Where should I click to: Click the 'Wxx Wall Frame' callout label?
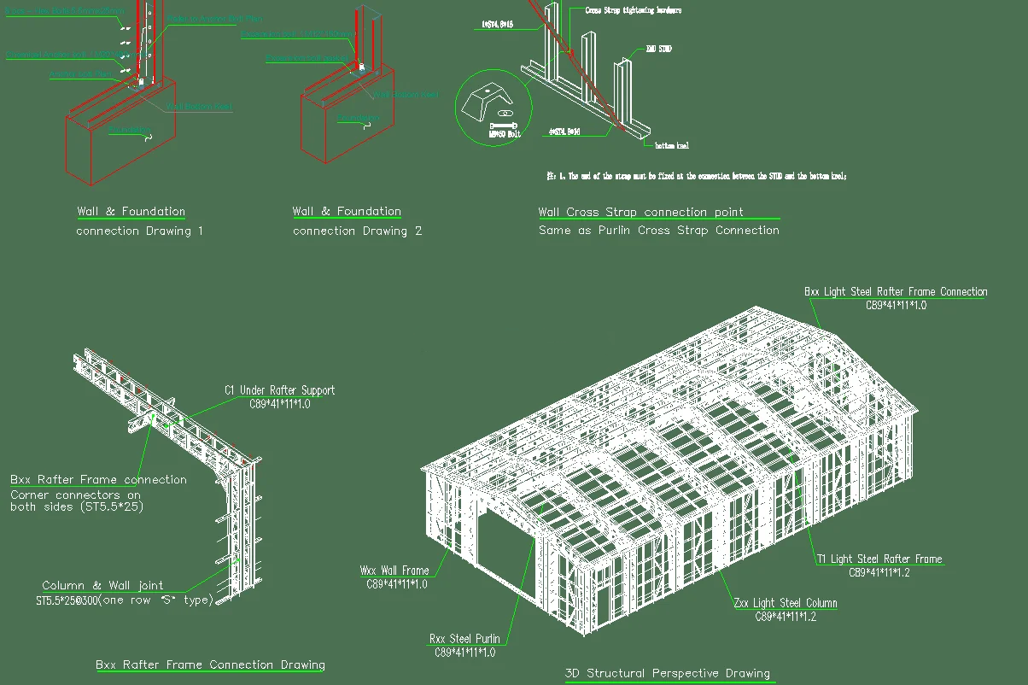click(x=394, y=571)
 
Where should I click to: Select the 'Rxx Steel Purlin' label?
click(x=464, y=639)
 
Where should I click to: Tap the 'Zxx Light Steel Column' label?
click(x=786, y=603)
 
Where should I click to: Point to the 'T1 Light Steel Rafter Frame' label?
click(x=879, y=559)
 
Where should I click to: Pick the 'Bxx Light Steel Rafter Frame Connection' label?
click(x=896, y=291)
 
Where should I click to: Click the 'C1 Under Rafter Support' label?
click(x=280, y=390)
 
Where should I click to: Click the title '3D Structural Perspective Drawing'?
click(x=668, y=674)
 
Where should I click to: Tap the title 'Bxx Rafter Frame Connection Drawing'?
click(x=210, y=665)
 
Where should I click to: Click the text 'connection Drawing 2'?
click(x=357, y=231)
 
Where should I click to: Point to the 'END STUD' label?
click(x=658, y=50)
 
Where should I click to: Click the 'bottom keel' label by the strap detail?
click(x=672, y=146)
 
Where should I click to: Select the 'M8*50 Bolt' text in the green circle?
click(x=504, y=134)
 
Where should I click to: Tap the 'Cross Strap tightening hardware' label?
click(x=633, y=10)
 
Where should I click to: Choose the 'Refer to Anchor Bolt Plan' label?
click(x=214, y=18)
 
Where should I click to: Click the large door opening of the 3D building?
click(x=503, y=546)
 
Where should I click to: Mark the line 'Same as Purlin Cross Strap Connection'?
click(x=658, y=231)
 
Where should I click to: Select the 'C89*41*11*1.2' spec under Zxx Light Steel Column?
click(x=786, y=617)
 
